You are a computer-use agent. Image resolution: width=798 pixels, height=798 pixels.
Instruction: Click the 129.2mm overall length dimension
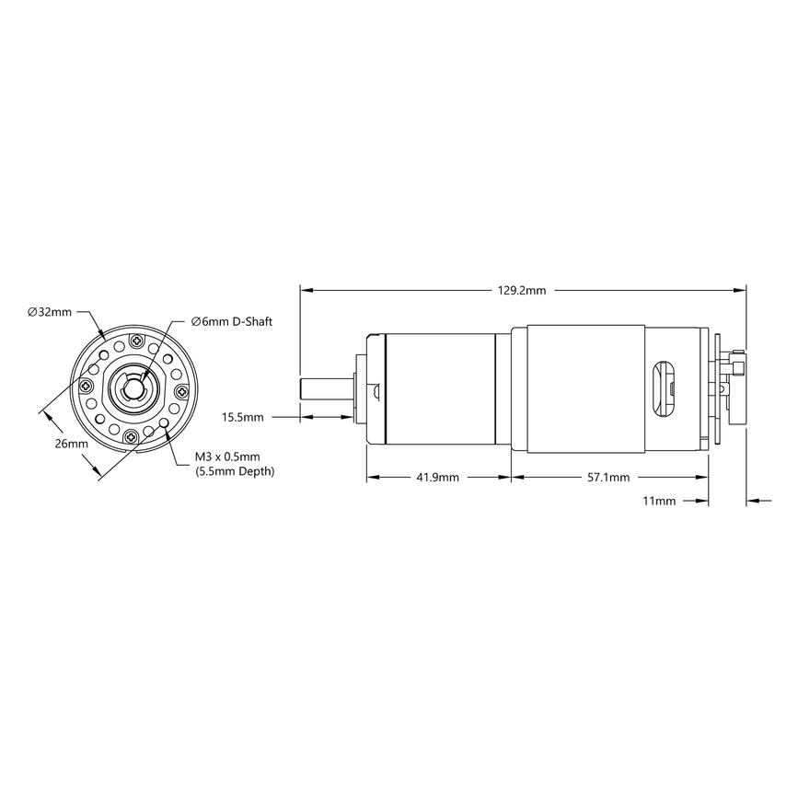[522, 290]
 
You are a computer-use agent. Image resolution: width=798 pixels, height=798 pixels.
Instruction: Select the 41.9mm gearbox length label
[437, 478]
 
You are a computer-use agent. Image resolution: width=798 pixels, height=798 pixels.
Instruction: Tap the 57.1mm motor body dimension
[607, 478]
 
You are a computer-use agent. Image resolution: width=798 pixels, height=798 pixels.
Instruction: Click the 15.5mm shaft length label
[243, 417]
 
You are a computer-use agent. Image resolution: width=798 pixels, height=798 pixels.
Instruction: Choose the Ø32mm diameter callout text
[50, 312]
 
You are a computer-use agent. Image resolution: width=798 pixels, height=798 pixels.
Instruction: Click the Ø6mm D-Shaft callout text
[232, 321]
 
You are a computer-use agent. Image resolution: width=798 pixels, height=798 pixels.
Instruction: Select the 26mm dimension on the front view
[71, 444]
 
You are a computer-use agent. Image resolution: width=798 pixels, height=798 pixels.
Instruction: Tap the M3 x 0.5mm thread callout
[227, 457]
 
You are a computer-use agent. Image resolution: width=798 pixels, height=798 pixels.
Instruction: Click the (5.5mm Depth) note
[235, 471]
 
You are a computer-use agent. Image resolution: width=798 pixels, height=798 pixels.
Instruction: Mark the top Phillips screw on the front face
[137, 341]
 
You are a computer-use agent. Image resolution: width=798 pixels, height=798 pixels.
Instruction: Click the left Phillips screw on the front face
[89, 387]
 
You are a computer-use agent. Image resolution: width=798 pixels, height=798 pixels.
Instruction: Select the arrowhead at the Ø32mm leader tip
[102, 333]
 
